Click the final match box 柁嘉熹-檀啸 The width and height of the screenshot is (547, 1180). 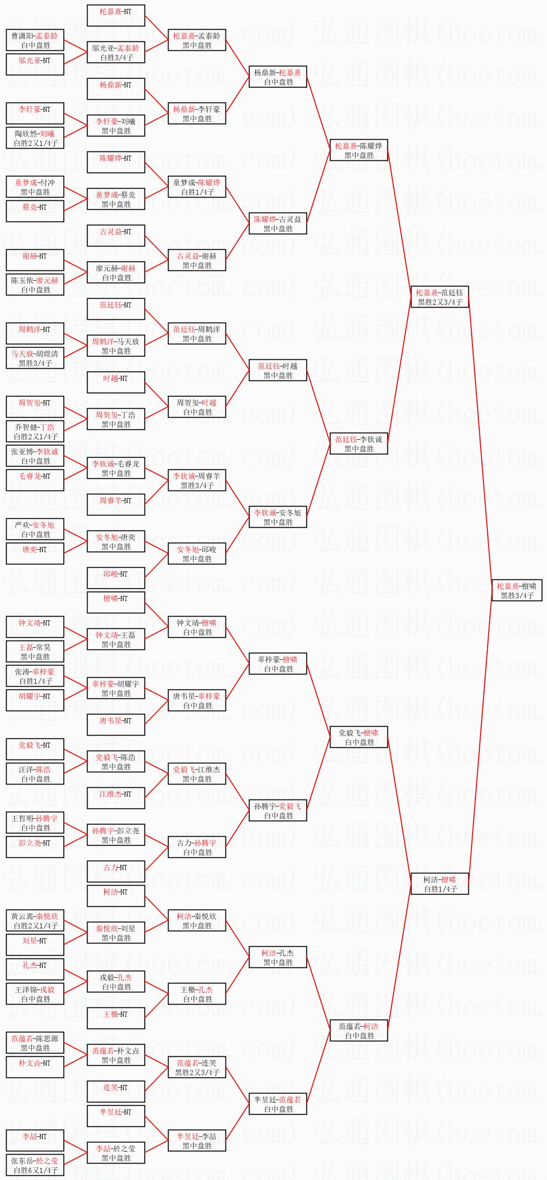tap(516, 590)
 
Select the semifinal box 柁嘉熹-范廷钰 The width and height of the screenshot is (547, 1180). tap(440, 297)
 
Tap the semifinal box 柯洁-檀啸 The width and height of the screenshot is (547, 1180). tap(440, 884)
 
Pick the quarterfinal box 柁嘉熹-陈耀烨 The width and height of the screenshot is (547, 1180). tap(359, 150)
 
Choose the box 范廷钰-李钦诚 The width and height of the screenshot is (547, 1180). tap(359, 443)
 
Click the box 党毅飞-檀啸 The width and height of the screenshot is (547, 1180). tap(359, 737)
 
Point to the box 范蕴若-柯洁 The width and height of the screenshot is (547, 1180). tap(359, 1030)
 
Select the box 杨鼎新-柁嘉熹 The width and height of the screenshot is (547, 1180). tap(278, 77)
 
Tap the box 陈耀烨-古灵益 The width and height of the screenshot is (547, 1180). tap(278, 223)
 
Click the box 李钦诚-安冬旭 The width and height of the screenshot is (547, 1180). tap(278, 517)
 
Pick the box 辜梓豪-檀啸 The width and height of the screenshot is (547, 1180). tap(278, 664)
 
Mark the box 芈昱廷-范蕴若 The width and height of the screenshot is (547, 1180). tap(278, 1104)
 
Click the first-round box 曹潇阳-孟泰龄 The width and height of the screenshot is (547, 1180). tap(35, 40)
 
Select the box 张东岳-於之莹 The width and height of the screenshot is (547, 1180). tap(35, 1165)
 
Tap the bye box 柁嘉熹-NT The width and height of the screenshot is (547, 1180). tap(116, 16)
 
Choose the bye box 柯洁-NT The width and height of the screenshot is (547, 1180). tap(116, 896)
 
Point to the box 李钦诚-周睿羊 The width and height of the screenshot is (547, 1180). tap(197, 480)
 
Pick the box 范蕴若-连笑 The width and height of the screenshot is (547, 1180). tap(197, 1067)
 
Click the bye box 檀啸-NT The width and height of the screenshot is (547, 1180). tap(116, 602)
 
